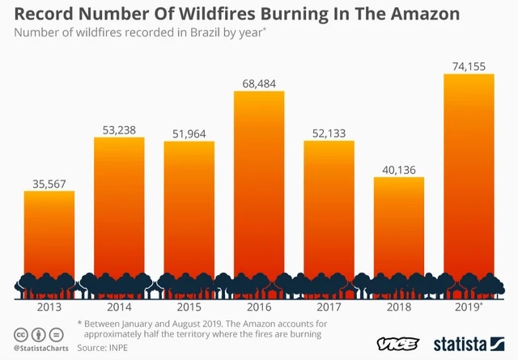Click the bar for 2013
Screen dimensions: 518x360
click(x=49, y=244)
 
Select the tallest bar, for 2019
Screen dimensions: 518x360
click(x=469, y=186)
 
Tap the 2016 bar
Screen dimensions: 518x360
click(x=259, y=194)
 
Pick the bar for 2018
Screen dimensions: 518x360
click(x=399, y=238)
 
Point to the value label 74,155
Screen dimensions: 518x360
click(x=469, y=66)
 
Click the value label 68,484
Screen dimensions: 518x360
click(x=259, y=84)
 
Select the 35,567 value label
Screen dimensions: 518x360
click(x=49, y=184)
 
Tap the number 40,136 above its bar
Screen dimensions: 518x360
click(x=399, y=170)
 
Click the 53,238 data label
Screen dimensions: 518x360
click(x=119, y=130)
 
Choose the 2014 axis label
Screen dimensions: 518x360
click(x=119, y=307)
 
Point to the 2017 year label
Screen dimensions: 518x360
click(x=329, y=307)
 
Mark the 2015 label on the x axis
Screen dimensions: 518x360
click(x=189, y=307)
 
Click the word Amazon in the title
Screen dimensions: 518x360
click(x=425, y=14)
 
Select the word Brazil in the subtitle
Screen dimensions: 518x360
click(x=202, y=32)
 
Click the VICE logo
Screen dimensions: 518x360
click(x=397, y=344)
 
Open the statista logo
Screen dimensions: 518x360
click(x=469, y=344)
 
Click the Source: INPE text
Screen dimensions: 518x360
click(x=103, y=348)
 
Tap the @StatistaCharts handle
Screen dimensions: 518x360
click(x=41, y=348)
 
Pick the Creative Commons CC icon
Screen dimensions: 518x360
click(x=21, y=335)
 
